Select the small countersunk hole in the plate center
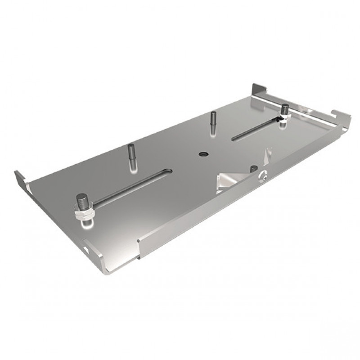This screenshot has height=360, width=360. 203,154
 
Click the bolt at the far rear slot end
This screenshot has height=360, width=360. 284,109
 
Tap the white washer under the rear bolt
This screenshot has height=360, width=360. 285,117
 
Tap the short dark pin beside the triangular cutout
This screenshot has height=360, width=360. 253,171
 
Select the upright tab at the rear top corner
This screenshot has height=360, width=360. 259,90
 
